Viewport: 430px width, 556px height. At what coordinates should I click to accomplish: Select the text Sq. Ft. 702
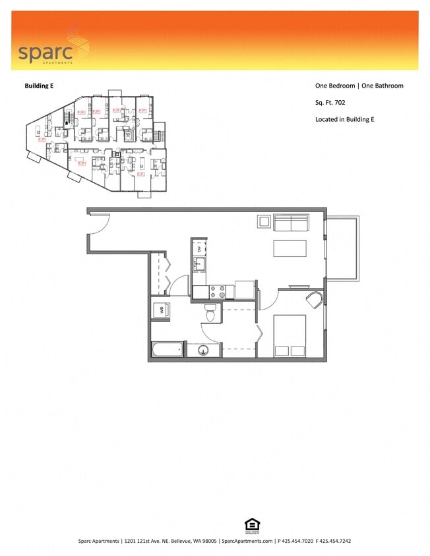tap(330, 102)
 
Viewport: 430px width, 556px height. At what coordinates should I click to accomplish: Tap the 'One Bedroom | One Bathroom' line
tap(359, 86)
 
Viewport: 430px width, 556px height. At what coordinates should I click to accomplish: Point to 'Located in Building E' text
tap(345, 119)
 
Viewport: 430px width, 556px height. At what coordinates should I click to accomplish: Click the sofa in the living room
tap(291, 223)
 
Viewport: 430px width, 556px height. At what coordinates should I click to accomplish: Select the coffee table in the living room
tap(290, 248)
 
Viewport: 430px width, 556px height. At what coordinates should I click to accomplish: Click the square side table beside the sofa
tap(264, 221)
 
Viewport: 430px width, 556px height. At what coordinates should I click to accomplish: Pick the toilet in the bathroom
tap(211, 313)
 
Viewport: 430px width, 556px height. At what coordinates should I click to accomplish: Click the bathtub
tap(168, 350)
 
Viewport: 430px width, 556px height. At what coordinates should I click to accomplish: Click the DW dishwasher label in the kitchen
tap(200, 248)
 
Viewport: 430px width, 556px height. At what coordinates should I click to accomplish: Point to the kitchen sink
tap(199, 265)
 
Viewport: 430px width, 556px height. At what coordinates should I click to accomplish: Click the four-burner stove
tap(218, 292)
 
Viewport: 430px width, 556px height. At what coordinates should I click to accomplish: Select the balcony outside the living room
tap(342, 247)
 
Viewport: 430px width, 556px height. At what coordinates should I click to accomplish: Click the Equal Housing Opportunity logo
tap(251, 525)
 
